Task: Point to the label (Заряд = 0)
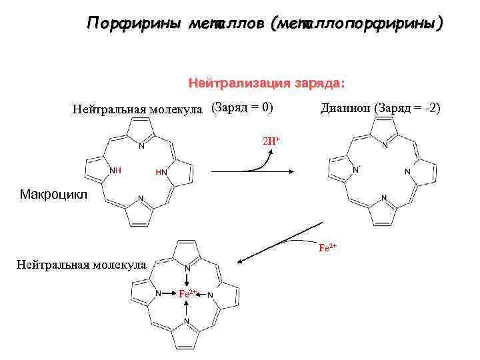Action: [243, 107]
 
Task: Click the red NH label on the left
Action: [115, 171]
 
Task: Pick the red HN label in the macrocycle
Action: [161, 172]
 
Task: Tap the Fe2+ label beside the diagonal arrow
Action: [328, 247]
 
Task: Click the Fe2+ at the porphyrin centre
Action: [187, 293]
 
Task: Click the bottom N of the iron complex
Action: [187, 321]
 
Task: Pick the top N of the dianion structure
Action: [385, 144]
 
